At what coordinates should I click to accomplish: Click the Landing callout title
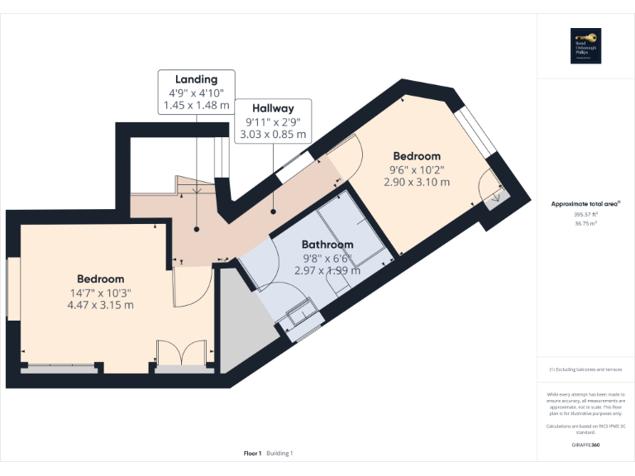(x=196, y=79)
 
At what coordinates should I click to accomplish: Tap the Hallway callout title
(x=272, y=108)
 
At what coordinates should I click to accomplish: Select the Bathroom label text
(x=327, y=245)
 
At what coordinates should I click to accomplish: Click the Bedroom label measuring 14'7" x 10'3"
(x=101, y=279)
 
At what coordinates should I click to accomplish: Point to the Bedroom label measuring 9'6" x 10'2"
(x=416, y=156)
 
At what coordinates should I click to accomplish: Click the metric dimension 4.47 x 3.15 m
(x=101, y=305)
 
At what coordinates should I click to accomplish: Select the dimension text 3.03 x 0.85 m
(x=272, y=134)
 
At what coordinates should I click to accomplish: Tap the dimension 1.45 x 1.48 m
(x=196, y=106)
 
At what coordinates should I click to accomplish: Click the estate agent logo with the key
(x=585, y=45)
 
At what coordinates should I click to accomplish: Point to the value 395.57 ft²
(x=585, y=214)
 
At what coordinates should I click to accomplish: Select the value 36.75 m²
(x=585, y=222)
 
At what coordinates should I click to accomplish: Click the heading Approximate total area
(x=585, y=202)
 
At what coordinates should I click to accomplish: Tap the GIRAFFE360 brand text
(x=585, y=445)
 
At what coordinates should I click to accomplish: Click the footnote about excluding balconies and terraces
(x=585, y=369)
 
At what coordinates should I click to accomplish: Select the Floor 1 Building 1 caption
(x=268, y=453)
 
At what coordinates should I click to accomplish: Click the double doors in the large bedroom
(x=181, y=353)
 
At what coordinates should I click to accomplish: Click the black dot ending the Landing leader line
(x=196, y=229)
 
